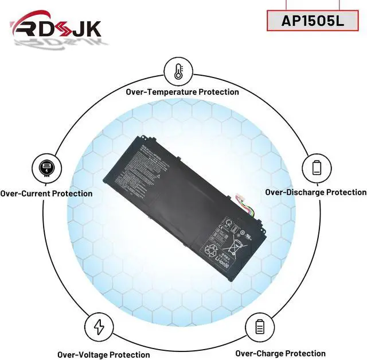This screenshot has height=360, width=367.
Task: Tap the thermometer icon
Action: (x=177, y=72)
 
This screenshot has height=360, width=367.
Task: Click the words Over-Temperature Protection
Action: (x=182, y=92)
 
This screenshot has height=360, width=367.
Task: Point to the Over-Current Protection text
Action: (x=46, y=193)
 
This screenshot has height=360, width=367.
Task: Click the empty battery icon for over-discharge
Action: (x=317, y=168)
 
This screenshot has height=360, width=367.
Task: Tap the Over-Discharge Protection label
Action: (x=315, y=192)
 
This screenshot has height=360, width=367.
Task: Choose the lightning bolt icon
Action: (x=99, y=327)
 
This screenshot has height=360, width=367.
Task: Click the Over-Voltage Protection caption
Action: (x=103, y=354)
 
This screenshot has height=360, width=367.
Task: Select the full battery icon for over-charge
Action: (x=259, y=327)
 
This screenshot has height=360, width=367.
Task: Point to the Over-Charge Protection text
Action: (x=280, y=354)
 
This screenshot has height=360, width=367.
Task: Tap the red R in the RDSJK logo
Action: (x=24, y=28)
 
